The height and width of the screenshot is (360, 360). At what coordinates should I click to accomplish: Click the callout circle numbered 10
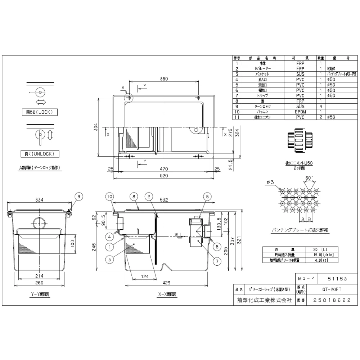coord(109,196)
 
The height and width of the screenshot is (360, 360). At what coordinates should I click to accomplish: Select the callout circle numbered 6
coord(207,196)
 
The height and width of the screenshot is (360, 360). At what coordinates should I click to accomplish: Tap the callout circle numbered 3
coord(109,258)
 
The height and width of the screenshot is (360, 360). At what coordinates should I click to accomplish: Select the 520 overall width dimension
coord(164,176)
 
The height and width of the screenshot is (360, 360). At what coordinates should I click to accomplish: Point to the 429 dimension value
coord(166,283)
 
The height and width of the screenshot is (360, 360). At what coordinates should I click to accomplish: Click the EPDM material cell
coord(300,112)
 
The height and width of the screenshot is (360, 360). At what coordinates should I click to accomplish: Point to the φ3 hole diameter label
coord(270,182)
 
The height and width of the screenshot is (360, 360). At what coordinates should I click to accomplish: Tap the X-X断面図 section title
coord(167,294)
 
